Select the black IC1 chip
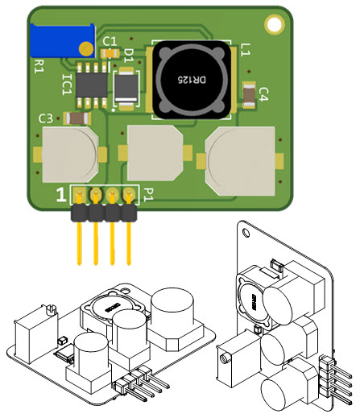tap(93, 82)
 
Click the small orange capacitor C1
tap(110, 52)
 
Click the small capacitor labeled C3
tap(76, 118)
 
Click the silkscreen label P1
tap(147, 193)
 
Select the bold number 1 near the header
tap(60, 194)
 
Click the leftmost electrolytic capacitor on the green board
tap(70, 155)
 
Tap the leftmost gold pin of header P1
tap(79, 242)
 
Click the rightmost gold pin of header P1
tap(128, 242)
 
